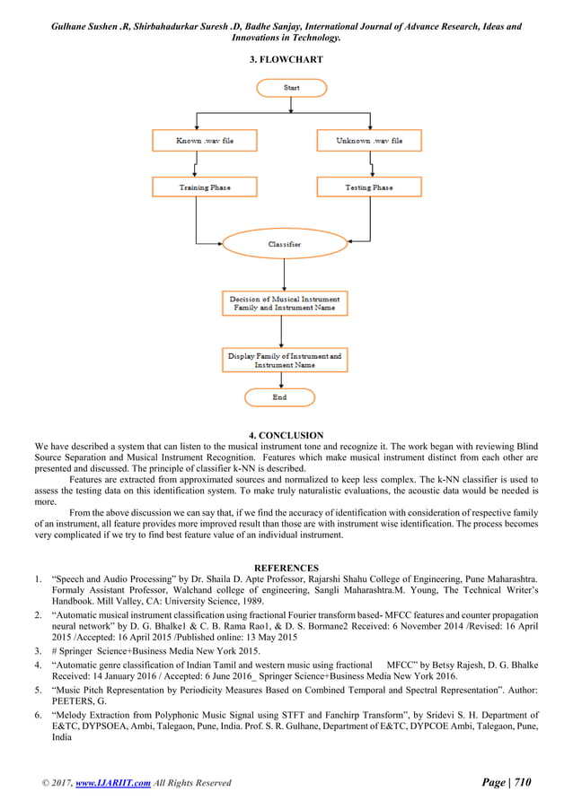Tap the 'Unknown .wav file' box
point(368,141)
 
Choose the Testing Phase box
point(368,187)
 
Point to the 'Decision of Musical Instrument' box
point(284,302)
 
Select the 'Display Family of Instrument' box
point(284,361)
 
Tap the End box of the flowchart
point(279,396)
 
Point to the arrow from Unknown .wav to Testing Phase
point(370,164)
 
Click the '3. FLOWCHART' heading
point(286,59)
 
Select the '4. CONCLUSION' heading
point(286,436)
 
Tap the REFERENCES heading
point(286,568)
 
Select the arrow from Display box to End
point(280,380)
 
